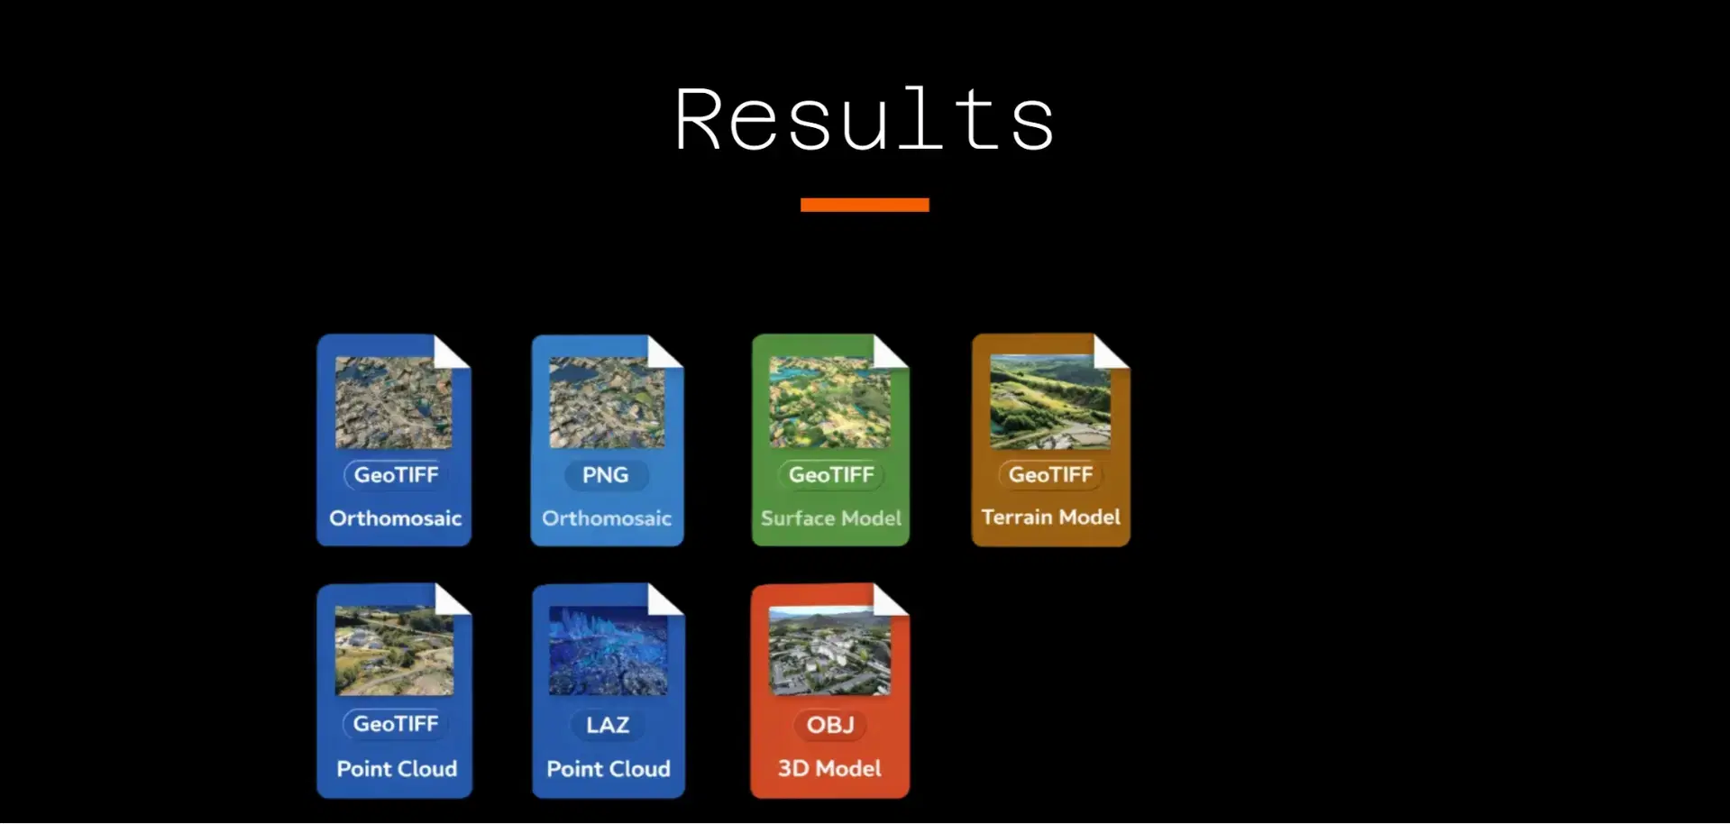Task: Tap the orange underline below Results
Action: point(865,205)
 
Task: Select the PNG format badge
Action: point(606,475)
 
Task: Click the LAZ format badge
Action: point(608,725)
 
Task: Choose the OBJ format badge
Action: point(830,725)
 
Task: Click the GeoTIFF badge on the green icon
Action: point(831,475)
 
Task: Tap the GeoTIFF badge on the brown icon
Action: point(1050,475)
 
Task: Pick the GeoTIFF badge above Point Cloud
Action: point(396,724)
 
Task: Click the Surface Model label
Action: point(831,518)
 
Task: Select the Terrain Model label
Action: point(1051,517)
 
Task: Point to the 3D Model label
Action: point(829,769)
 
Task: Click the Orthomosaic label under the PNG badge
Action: point(607,518)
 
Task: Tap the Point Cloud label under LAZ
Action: point(609,769)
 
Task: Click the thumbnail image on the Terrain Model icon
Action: point(1050,401)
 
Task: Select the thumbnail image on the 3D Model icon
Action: point(829,650)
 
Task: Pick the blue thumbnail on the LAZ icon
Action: point(609,650)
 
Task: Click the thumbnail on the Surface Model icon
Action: point(829,401)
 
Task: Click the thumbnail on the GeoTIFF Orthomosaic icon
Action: point(394,402)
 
